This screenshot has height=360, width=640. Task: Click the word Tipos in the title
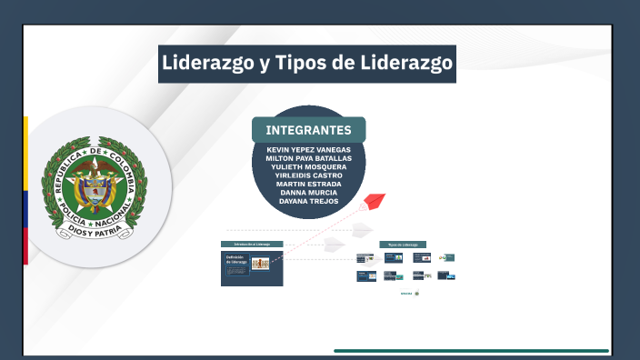[297, 64]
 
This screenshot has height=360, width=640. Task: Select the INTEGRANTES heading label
[308, 130]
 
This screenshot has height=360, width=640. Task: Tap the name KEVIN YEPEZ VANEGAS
[308, 149]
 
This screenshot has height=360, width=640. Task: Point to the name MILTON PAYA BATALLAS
[308, 158]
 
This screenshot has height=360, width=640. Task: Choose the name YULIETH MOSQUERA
[308, 166]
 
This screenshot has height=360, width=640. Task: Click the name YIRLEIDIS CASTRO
[308, 175]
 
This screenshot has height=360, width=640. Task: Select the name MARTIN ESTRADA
[308, 184]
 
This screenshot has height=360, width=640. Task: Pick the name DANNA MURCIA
[308, 193]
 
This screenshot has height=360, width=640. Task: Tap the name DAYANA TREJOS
[308, 201]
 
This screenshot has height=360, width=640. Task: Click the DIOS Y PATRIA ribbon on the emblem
[95, 231]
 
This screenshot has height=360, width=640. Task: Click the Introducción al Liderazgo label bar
[252, 245]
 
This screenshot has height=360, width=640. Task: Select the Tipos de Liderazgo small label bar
[403, 245]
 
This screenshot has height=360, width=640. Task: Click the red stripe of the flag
[25, 246]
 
